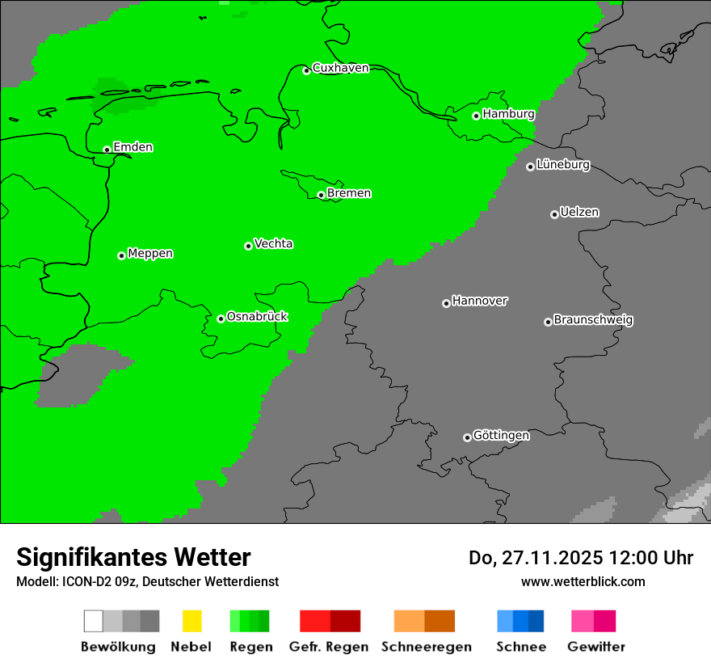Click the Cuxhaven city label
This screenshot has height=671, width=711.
(x=340, y=68)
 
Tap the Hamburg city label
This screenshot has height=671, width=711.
(x=508, y=114)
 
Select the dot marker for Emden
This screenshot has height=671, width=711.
(x=107, y=150)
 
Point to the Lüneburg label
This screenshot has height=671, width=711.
(x=562, y=165)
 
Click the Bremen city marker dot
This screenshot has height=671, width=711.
(x=321, y=195)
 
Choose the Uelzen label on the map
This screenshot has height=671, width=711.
(x=579, y=213)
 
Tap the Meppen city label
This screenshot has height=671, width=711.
(x=150, y=254)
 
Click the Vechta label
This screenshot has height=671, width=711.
(x=273, y=244)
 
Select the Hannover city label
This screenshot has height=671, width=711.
(x=480, y=302)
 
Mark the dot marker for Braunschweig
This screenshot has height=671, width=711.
(x=548, y=322)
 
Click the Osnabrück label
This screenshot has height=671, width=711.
(x=257, y=317)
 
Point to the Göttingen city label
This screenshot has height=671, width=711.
(x=501, y=436)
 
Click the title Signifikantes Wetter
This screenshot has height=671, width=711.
(x=133, y=557)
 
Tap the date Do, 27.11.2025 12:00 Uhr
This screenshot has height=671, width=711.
(x=581, y=558)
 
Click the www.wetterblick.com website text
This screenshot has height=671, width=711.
(x=583, y=581)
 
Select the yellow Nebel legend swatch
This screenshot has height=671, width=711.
(x=191, y=621)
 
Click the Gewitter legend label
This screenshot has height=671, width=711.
(x=596, y=647)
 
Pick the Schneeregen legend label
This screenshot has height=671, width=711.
(x=427, y=647)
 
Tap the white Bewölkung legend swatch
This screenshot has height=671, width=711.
(x=93, y=621)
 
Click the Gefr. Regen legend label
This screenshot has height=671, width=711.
(x=328, y=647)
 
